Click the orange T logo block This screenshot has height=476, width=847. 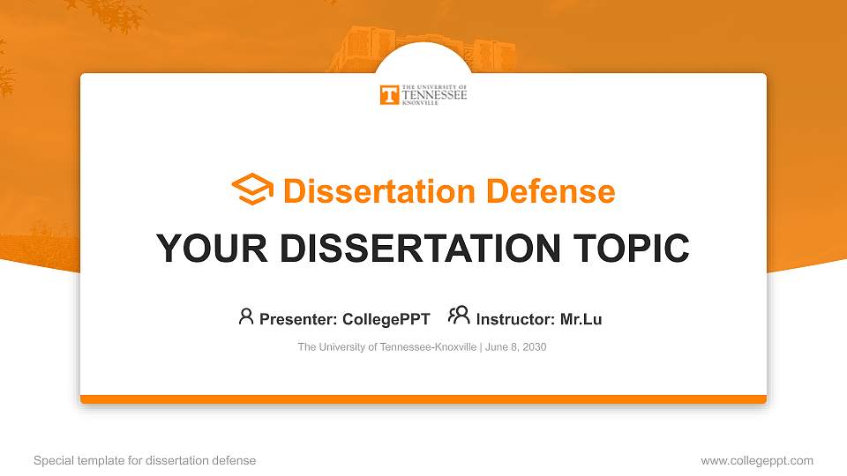pos(389,95)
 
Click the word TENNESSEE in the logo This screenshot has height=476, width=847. pos(434,95)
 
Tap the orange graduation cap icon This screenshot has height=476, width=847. pos(252,189)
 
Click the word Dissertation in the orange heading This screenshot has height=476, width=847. pos(379,191)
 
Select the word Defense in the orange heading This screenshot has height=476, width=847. pos(551,191)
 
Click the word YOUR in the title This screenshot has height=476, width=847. pos(212,249)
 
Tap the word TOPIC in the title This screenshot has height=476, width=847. pos(631,249)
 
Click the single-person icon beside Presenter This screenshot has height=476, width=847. pos(246,316)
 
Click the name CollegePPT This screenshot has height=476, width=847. pos(386,319)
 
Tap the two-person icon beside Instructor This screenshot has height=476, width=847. pos(459,316)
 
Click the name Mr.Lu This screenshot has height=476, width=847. pos(581,319)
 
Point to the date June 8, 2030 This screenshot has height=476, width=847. pos(516,347)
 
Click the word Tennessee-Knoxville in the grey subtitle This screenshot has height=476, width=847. pos(429,347)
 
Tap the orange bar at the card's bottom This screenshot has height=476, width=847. pos(423,399)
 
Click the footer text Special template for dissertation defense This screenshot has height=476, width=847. pos(145,460)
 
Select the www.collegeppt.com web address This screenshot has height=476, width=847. pos(757,460)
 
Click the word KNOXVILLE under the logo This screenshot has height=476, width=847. pos(420,102)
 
